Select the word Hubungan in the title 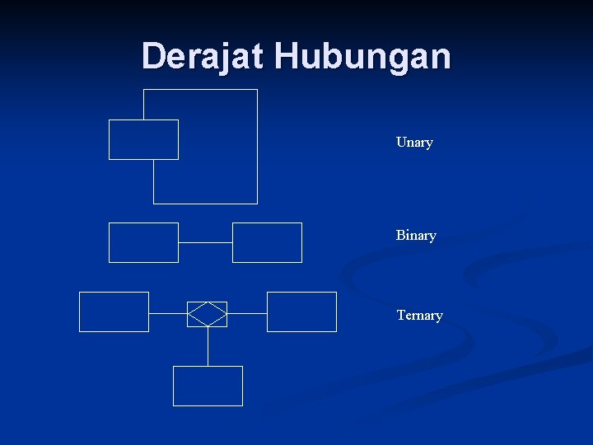(x=362, y=56)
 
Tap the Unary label (x=414, y=142)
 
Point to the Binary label (x=416, y=235)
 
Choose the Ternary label (x=419, y=315)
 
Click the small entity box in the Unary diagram (x=143, y=139)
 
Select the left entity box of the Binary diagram (x=143, y=242)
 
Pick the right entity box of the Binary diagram (x=267, y=242)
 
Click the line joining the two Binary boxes (x=205, y=242)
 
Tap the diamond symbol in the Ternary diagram (x=207, y=314)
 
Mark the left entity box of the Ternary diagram (x=114, y=311)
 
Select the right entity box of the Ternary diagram (x=301, y=311)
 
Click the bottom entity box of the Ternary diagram (x=208, y=386)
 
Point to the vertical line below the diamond (x=208, y=346)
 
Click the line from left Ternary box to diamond (x=168, y=314)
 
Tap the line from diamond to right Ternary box (x=247, y=314)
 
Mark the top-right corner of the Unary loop (x=257, y=90)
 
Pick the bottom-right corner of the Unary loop (x=257, y=203)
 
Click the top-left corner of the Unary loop (x=144, y=90)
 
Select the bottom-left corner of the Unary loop (x=154, y=203)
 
